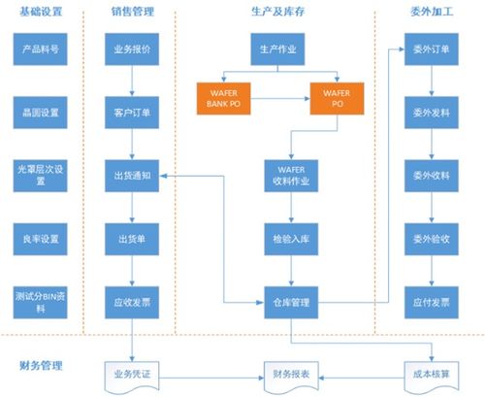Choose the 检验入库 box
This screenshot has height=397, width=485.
(x=286, y=239)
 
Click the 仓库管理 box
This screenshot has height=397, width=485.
(x=286, y=303)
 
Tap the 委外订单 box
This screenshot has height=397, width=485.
(x=428, y=48)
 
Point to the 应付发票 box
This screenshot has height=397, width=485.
(x=428, y=303)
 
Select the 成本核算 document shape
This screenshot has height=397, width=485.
(x=428, y=372)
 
